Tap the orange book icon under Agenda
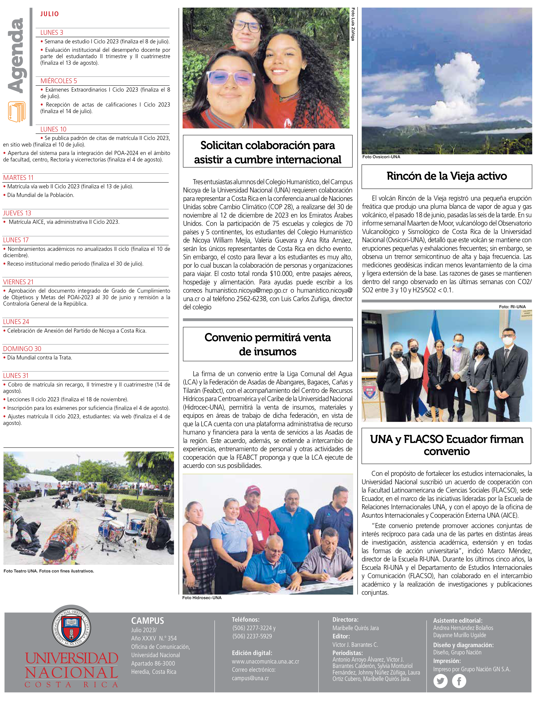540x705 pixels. click(17, 112)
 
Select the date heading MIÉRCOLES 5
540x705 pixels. click(59, 81)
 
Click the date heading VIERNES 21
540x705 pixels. click(18, 282)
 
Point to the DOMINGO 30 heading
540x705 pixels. click(22, 349)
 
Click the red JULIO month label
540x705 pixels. click(49, 14)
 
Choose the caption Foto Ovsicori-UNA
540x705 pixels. click(381, 157)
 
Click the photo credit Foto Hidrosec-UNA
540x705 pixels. click(202, 598)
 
